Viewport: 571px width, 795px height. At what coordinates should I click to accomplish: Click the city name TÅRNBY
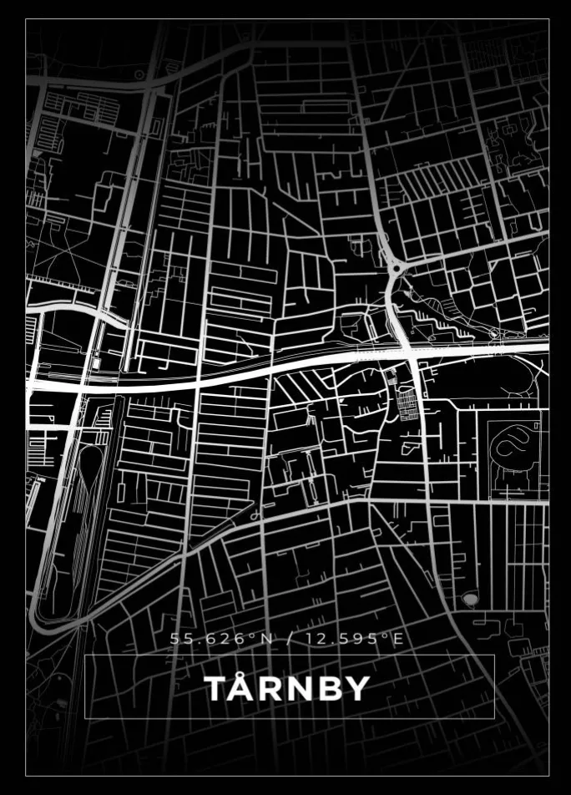point(286,689)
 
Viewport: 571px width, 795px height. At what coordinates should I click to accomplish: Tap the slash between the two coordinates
point(289,639)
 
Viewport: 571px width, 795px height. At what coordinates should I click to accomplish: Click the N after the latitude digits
point(266,639)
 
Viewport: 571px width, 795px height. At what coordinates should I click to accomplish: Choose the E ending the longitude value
point(398,639)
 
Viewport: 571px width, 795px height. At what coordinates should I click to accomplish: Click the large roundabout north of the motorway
point(395,269)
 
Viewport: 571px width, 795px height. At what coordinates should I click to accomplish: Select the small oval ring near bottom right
point(471,600)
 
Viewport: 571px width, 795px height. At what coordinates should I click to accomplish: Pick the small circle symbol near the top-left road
point(139,75)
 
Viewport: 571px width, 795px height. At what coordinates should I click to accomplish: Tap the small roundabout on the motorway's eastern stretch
point(494,336)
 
